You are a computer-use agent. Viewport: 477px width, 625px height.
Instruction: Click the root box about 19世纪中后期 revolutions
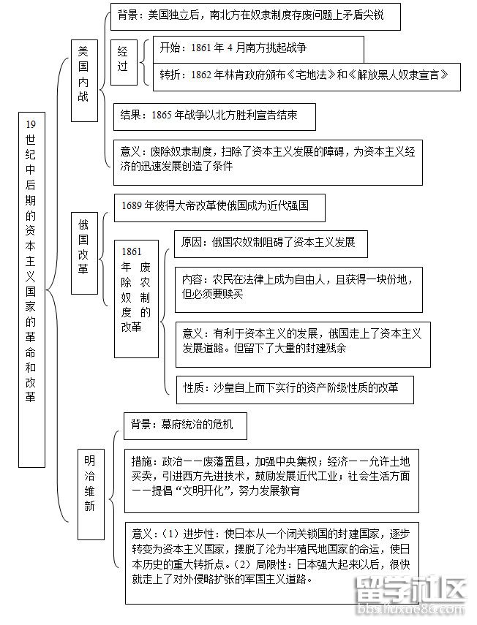(x=30, y=289)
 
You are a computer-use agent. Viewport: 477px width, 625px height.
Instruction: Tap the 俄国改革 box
(x=83, y=253)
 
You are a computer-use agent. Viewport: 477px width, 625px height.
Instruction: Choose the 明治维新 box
(x=89, y=483)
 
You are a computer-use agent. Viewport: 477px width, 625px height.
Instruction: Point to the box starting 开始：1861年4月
(x=259, y=48)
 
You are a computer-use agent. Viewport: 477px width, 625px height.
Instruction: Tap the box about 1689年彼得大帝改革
(x=219, y=206)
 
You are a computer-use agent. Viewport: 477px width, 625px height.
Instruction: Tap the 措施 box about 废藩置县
(x=271, y=476)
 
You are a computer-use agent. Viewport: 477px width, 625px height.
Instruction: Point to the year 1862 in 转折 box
(x=203, y=75)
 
